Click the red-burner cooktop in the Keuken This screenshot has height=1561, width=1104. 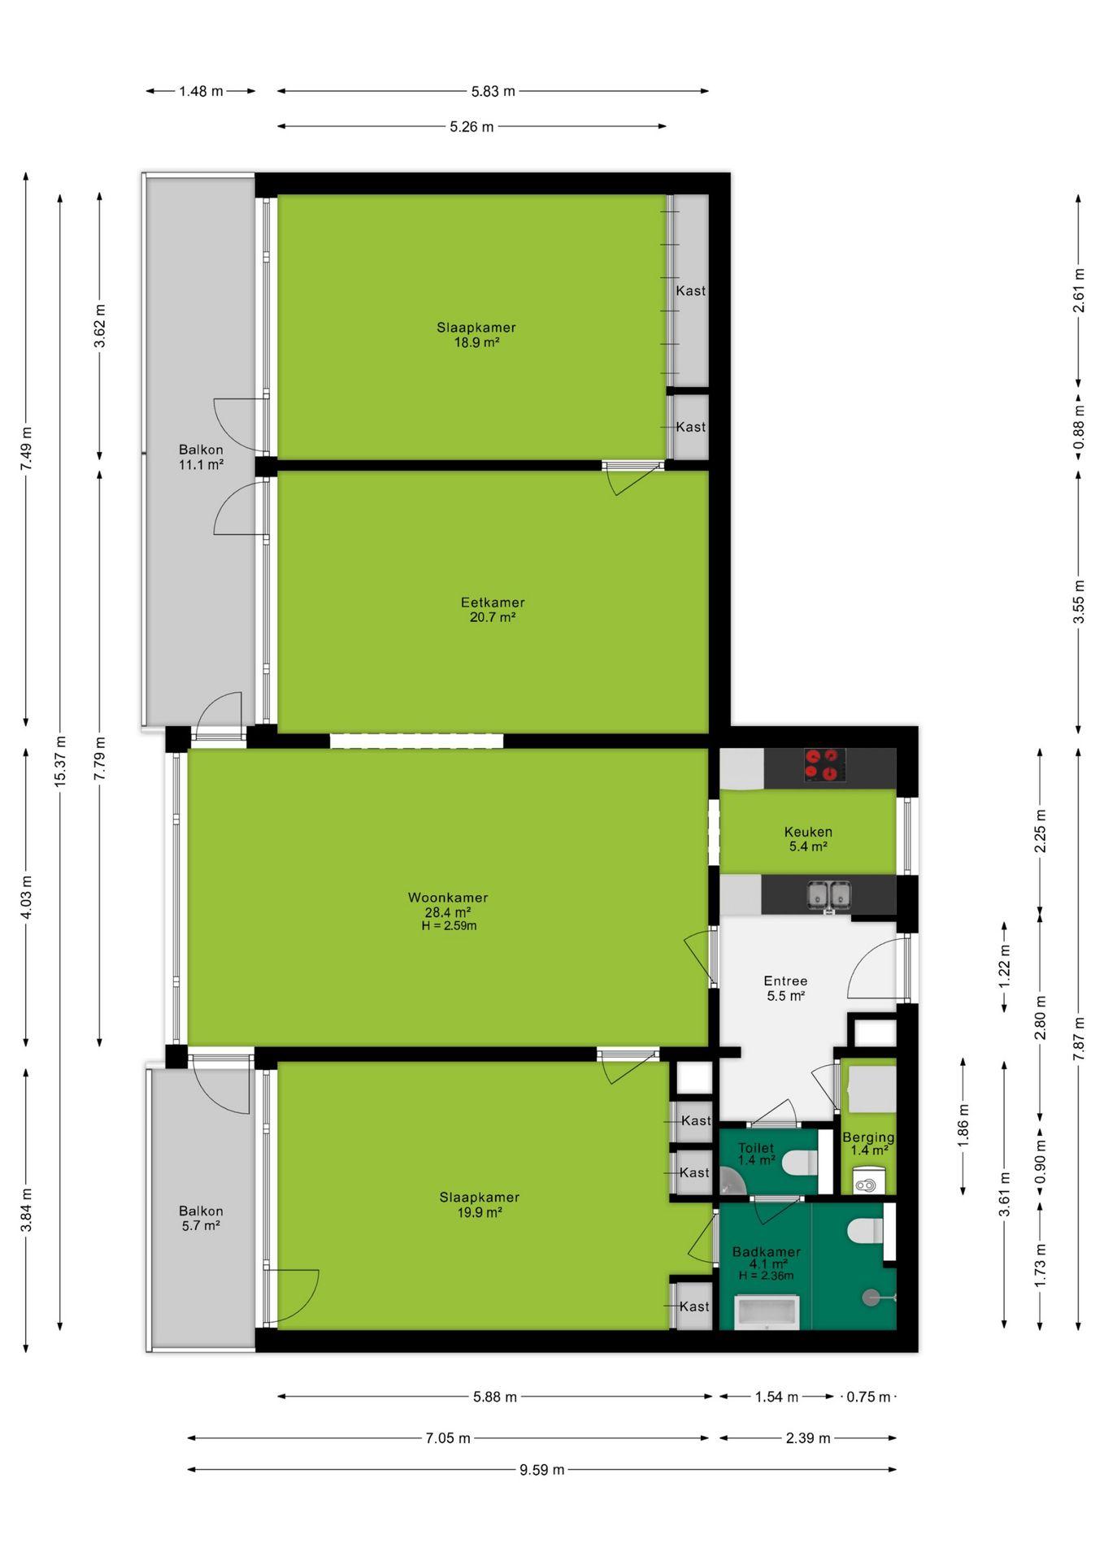(824, 765)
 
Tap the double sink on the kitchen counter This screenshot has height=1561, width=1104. (829, 895)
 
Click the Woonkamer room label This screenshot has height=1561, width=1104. (448, 898)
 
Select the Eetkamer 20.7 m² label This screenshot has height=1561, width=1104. (493, 610)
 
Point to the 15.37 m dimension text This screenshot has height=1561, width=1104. (60, 760)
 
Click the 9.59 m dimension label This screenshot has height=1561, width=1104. (541, 1469)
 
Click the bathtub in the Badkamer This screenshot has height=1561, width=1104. (767, 1312)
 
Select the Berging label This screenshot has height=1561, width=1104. (868, 1137)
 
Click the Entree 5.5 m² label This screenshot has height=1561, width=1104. (785, 988)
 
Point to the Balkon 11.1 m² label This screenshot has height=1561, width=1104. (201, 457)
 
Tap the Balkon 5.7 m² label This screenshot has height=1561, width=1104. (201, 1218)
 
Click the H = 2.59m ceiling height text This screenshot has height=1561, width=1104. (449, 926)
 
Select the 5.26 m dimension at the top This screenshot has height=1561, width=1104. (472, 127)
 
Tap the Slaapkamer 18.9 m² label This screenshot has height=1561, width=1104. (476, 335)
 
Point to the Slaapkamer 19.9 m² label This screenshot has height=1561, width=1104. (480, 1204)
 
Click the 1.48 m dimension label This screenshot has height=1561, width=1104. (201, 92)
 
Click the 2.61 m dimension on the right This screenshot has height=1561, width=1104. (1079, 290)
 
